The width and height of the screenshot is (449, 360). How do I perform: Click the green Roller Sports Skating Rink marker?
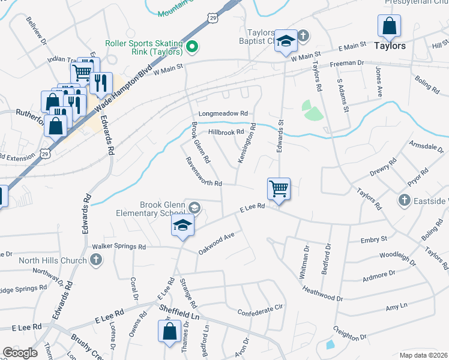pos(192,46)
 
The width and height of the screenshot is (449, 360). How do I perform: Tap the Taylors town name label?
pos(390,46)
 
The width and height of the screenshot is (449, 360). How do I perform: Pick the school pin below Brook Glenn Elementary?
pos(182,226)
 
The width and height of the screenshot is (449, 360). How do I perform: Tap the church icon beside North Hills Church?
pos(95,260)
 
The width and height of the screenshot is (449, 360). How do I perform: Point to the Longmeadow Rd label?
pos(223,113)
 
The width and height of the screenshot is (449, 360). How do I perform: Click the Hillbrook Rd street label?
pos(226,132)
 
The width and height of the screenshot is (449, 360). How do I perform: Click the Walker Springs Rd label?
pos(118,247)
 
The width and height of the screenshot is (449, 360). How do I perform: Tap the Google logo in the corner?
pos(20,353)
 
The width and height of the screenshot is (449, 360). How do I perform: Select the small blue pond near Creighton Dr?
pos(330,344)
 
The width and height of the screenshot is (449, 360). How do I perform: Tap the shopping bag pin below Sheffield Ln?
pos(169,331)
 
